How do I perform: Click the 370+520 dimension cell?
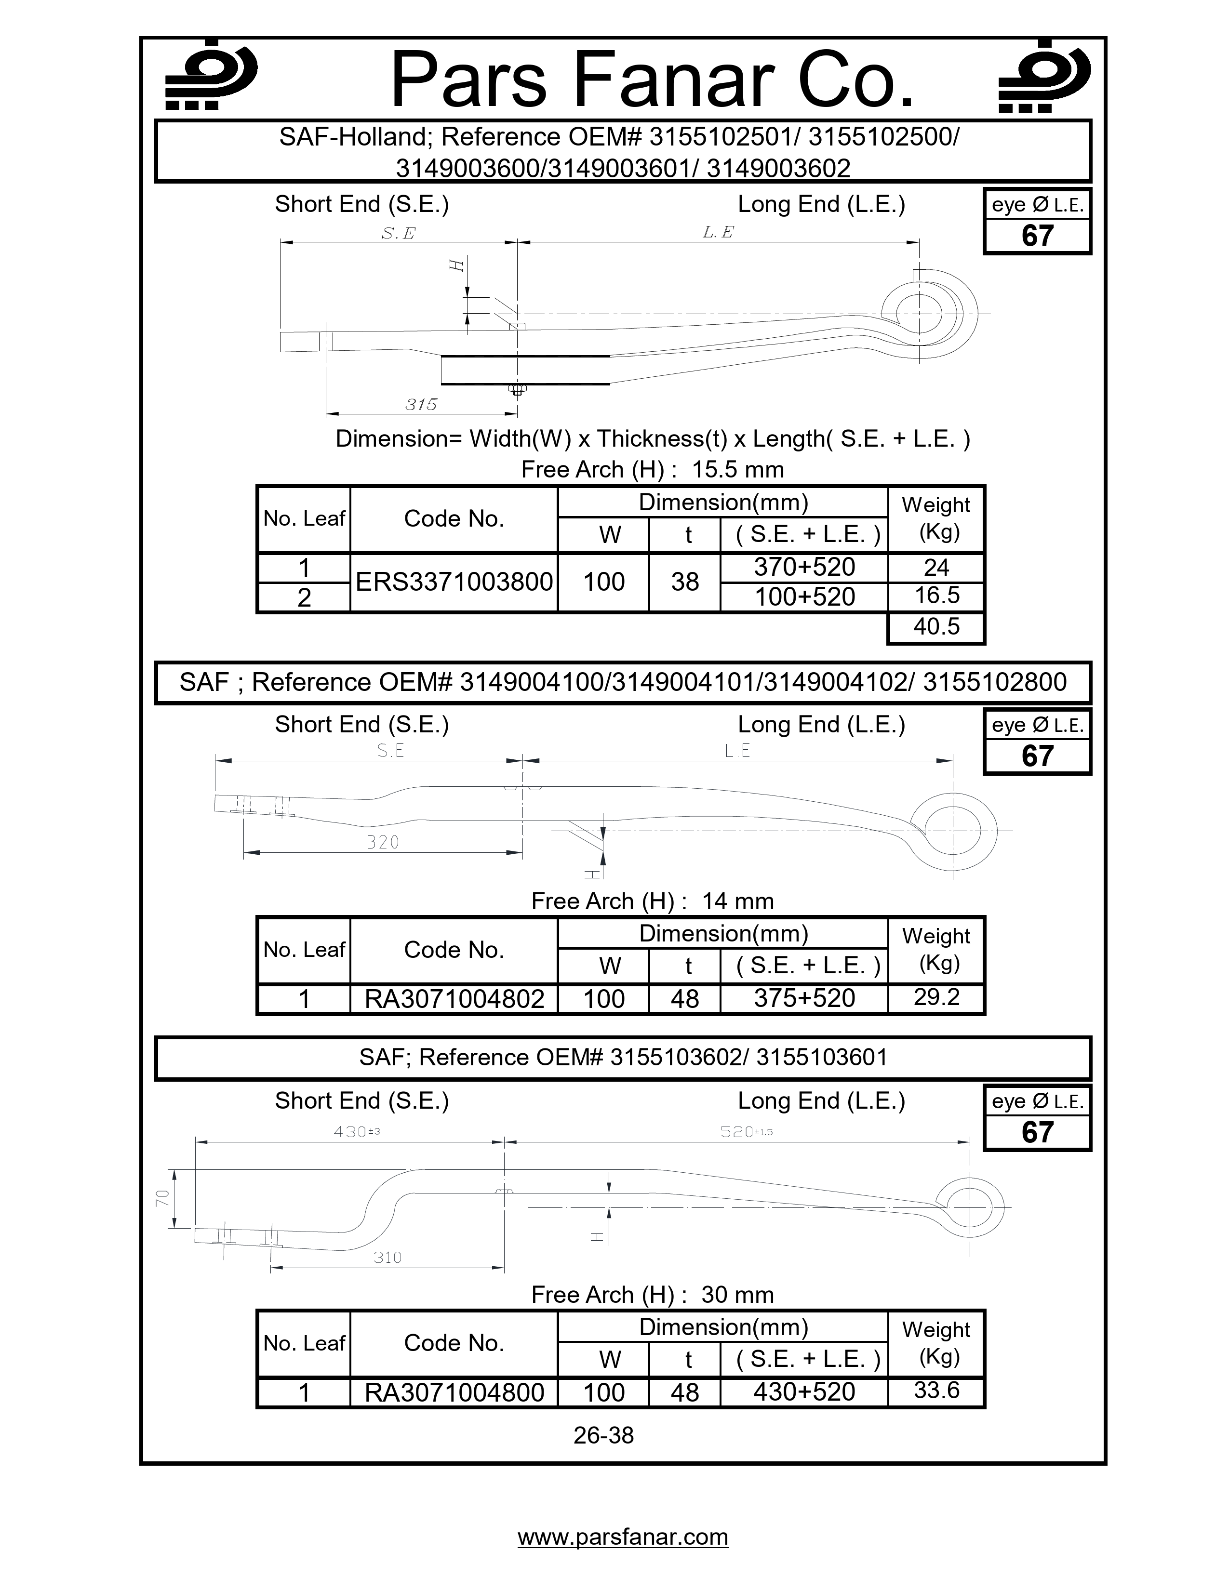[x=804, y=567]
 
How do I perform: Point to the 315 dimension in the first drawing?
[x=421, y=404]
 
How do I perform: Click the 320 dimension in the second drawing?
[x=383, y=842]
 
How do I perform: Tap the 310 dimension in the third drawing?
[x=387, y=1257]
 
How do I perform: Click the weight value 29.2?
[x=936, y=997]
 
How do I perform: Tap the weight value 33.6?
[x=936, y=1391]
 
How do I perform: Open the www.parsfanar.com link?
[x=623, y=1537]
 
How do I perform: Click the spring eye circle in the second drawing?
[x=952, y=830]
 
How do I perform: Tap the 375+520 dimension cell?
[x=804, y=998]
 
